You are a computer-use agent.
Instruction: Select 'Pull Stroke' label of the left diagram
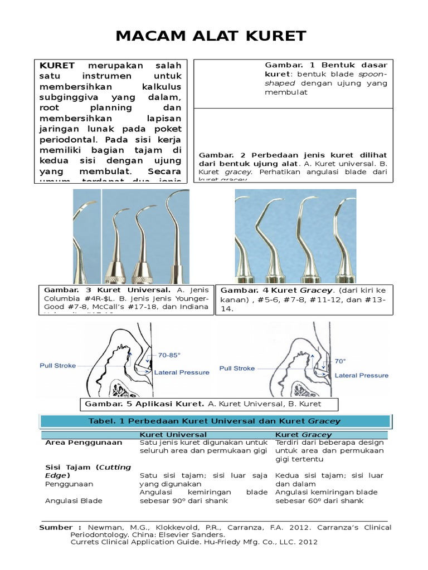[57, 366]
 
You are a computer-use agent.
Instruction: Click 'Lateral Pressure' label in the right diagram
[361, 376]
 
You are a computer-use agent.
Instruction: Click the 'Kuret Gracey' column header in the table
[303, 434]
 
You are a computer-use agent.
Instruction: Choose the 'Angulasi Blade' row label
[74, 500]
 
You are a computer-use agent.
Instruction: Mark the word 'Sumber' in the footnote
[56, 527]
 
